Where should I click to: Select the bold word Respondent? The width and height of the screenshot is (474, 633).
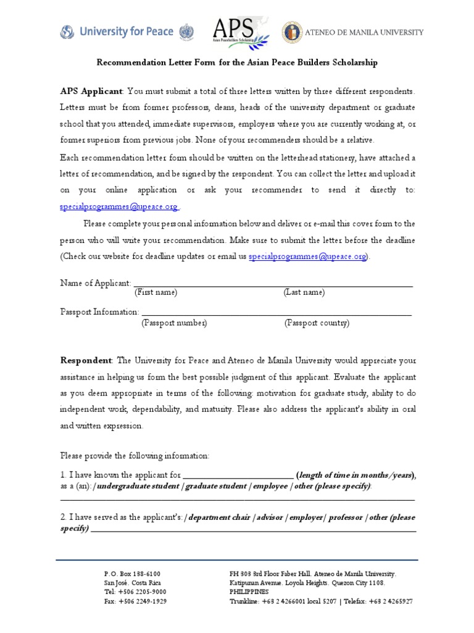coord(86,360)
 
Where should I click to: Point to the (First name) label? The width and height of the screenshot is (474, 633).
coord(156,292)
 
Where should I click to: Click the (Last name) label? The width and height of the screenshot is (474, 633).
coord(304,292)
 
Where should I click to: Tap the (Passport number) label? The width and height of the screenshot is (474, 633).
coord(175,323)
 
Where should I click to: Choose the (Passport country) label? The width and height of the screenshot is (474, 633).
coord(317,323)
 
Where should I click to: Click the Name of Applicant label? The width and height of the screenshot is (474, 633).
coord(96,283)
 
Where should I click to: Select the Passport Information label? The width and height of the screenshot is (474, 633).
coord(99,312)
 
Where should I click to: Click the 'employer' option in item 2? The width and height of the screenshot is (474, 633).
coord(306,517)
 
